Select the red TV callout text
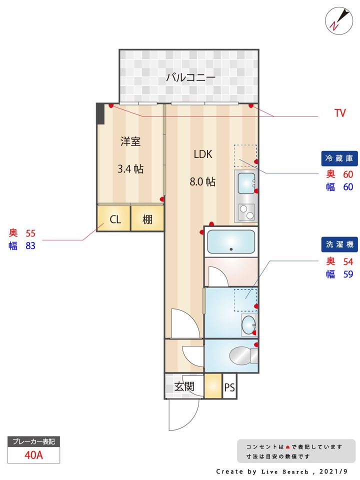click(340, 113)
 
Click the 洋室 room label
click(130, 141)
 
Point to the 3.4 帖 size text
click(130, 169)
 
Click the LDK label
click(203, 154)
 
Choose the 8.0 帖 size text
click(202, 182)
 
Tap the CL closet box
click(114, 219)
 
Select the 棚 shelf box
click(147, 219)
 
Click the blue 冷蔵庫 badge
click(339, 158)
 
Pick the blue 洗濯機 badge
click(339, 244)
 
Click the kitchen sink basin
click(246, 183)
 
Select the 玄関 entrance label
click(184, 386)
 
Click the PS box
click(229, 386)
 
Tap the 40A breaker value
click(33, 455)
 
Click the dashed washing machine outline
click(245, 299)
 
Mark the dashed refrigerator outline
click(245, 155)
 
